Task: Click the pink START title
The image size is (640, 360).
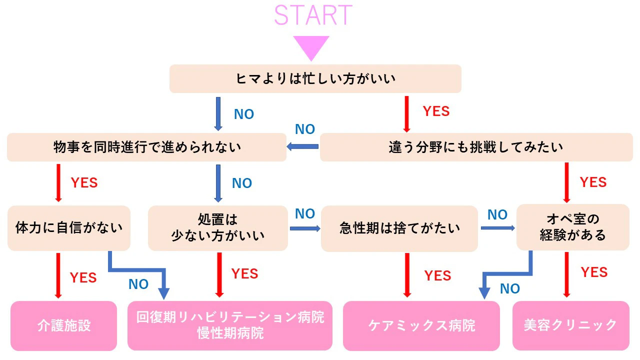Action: point(313,15)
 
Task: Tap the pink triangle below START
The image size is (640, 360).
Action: point(311,46)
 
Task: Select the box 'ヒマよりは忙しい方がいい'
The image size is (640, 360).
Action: point(315,78)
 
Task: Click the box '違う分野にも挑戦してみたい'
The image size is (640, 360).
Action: point(476,147)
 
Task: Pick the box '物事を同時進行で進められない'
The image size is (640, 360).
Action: point(146,147)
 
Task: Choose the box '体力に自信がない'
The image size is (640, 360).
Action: point(69,228)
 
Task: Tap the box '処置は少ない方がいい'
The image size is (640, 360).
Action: point(218,228)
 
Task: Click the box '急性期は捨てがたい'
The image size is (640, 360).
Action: point(399,228)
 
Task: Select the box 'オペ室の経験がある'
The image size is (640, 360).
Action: point(572,227)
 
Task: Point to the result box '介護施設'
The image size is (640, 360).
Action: point(63,325)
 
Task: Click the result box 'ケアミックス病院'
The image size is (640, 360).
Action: point(421,325)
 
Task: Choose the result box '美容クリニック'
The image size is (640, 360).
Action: point(570,325)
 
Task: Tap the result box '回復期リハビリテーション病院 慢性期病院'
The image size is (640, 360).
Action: point(230,325)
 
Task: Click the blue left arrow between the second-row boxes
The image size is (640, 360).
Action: point(302,146)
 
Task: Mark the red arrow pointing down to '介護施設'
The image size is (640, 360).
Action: point(58,275)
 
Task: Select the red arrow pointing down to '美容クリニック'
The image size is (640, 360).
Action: point(566,274)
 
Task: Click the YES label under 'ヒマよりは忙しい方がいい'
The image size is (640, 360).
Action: point(436,111)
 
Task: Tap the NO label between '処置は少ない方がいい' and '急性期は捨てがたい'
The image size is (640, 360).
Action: point(305,214)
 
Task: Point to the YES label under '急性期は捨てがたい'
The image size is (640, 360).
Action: point(437,275)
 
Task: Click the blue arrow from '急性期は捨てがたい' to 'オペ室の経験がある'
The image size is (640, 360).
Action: point(497,228)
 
